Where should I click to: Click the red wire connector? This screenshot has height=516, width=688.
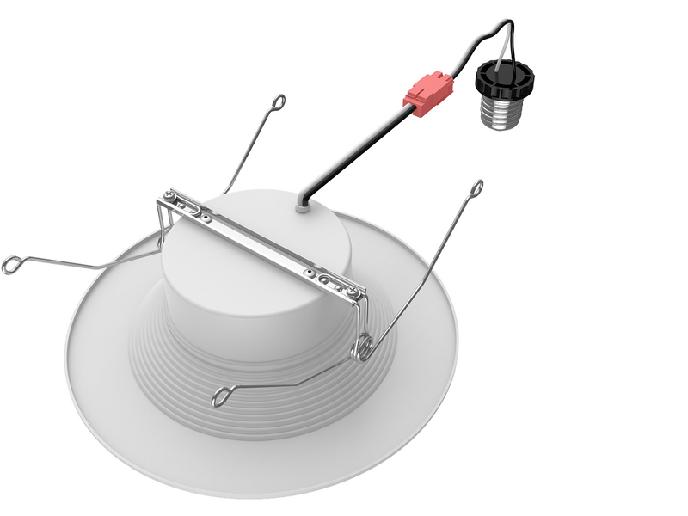[427, 93]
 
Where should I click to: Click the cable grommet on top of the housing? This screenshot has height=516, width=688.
[304, 203]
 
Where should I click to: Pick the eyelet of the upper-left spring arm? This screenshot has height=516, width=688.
[279, 102]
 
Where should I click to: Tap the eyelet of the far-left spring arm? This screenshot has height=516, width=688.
[11, 265]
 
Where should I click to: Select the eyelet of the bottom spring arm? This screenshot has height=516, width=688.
[223, 397]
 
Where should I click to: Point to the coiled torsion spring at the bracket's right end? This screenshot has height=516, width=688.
[365, 347]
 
